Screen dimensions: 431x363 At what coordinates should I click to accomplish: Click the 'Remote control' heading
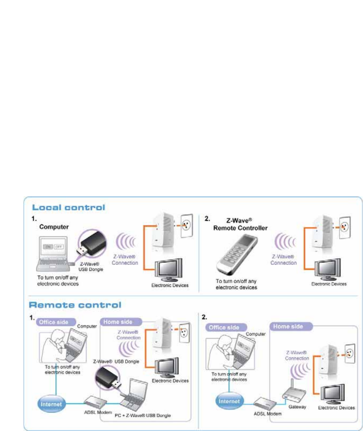(x=75, y=305)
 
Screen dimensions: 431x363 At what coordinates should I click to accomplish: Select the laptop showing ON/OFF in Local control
(x=54, y=252)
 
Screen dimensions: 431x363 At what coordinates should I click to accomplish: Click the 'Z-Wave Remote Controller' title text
(x=240, y=222)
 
